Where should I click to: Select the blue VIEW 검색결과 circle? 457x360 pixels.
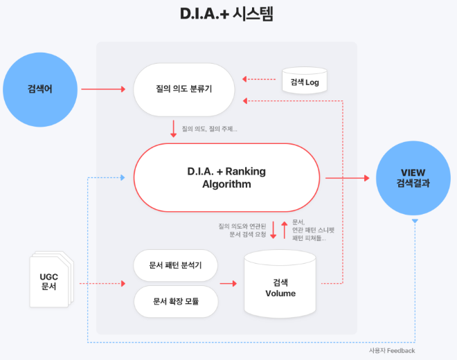pos(413,178)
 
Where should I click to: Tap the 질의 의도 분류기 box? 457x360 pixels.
pos(183,89)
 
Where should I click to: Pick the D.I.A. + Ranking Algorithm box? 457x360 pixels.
pos(226,178)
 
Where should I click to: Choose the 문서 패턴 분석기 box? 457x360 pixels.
pos(175,266)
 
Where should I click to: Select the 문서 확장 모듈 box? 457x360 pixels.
pos(175,301)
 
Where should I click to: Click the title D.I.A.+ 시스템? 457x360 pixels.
pos(228,15)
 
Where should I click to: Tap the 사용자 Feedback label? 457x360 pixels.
pos(392,351)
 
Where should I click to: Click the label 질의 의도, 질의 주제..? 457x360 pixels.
pos(209,129)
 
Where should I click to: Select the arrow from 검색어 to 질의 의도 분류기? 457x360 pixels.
pos(102,89)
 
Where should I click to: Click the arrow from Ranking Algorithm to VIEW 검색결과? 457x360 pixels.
pos(346,178)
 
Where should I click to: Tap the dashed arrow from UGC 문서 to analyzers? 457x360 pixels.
pos(101,284)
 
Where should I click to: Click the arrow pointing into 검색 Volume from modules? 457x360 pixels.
pos(228,284)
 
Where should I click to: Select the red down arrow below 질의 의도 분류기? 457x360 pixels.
pos(173,129)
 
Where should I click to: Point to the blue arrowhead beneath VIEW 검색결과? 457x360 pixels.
pos(415,221)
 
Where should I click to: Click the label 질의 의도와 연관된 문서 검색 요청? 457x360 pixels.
pos(242,231)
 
